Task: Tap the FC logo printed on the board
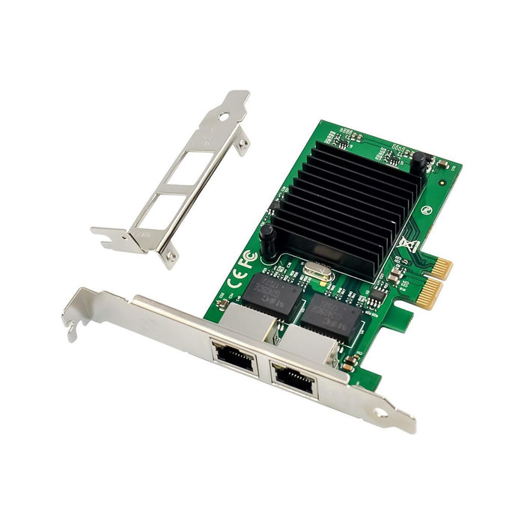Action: click(249, 258)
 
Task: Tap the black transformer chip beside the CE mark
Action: click(268, 292)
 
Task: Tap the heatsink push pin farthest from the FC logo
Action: click(419, 159)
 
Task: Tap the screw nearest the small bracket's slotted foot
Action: click(172, 259)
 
